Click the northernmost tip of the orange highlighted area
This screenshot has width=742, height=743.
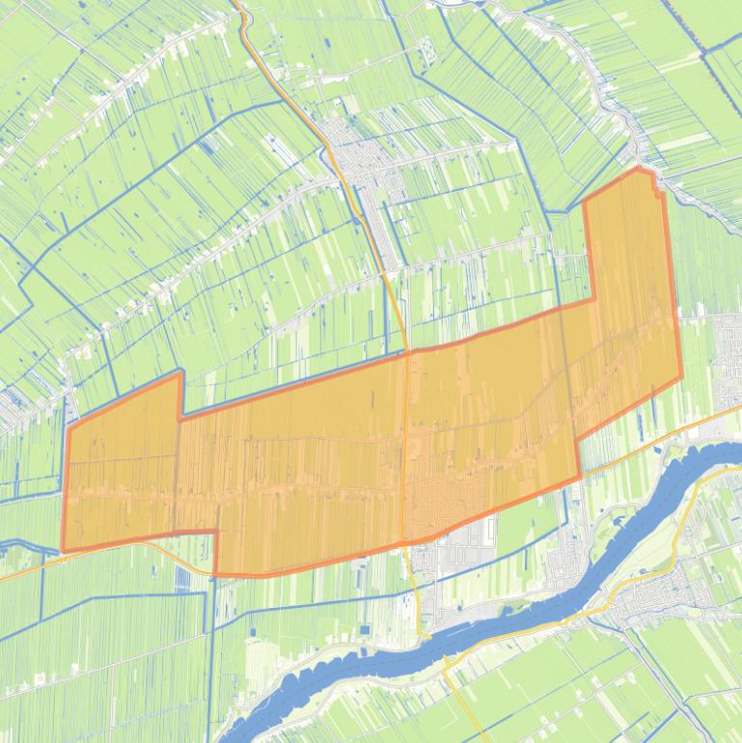coord(639,169)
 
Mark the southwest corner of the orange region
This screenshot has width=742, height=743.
coord(64,551)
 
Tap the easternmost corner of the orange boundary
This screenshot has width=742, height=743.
coord(681,377)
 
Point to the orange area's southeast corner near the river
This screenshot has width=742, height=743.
coord(579,477)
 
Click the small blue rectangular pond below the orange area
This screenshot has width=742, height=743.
coord(183,577)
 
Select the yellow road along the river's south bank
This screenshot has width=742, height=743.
coord(540,632)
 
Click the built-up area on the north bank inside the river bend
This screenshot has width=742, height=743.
coord(569,569)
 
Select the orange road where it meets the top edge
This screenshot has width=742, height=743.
coord(235,3)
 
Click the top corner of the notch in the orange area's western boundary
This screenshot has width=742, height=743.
coord(180,372)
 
